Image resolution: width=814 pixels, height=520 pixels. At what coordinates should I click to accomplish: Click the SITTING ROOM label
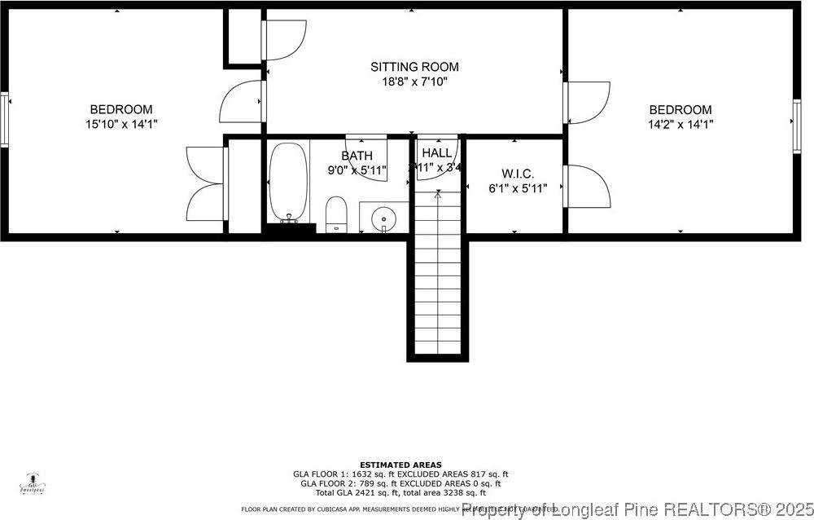coord(414,67)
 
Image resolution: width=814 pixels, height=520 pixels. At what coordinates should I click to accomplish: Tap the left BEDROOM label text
coord(121,109)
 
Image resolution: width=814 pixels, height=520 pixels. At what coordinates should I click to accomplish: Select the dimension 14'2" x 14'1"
coord(681,125)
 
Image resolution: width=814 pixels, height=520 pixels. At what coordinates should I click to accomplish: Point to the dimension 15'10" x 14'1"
coord(121,124)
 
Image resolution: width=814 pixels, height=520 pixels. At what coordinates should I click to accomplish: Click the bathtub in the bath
coord(288,183)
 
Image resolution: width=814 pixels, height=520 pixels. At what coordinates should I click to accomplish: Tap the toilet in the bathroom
coord(336,214)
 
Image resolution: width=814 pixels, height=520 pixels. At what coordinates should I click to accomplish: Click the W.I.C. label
coord(518,174)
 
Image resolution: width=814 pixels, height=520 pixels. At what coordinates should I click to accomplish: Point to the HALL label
coord(437,152)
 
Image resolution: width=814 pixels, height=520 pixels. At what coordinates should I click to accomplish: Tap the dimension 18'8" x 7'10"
coord(414,82)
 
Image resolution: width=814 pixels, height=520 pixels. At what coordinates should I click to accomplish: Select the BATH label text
coord(357,156)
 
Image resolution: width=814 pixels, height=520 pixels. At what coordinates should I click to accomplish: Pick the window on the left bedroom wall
coord(5,120)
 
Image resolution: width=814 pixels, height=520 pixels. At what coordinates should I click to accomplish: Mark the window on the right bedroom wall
coord(796,125)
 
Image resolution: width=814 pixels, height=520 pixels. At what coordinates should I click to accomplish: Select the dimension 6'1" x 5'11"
coord(518,188)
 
